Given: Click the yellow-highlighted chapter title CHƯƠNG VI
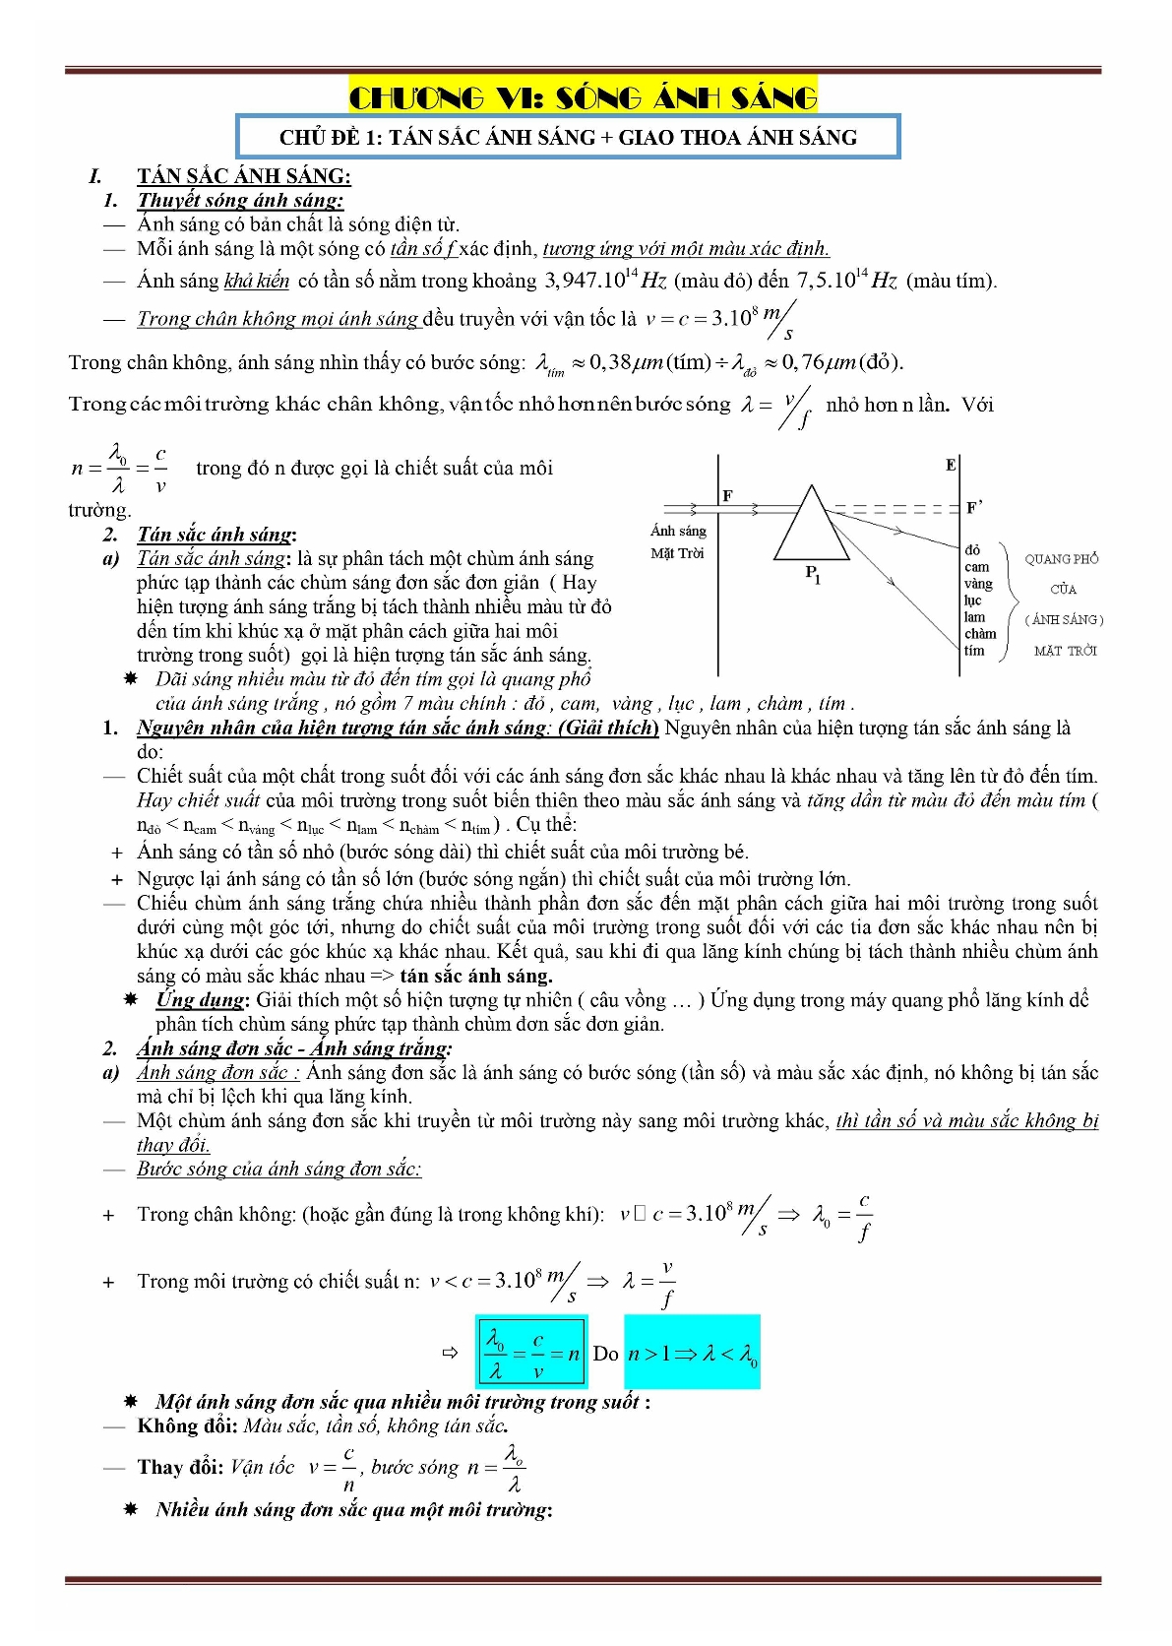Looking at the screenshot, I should coord(583,97).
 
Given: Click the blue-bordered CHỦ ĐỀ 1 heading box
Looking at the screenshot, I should coord(568,137).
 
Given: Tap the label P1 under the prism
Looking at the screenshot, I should coord(813,573).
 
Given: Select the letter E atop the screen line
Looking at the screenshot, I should coord(951,465).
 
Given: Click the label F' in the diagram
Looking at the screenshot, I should coord(974,507).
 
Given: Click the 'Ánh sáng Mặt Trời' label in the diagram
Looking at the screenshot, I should coord(678,541).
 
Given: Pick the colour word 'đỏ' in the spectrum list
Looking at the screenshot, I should coord(972,550).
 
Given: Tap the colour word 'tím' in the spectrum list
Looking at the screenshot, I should coord(974,650).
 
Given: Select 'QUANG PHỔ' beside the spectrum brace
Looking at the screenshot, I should coord(1061,559).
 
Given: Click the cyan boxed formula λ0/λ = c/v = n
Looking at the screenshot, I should coord(531,1354).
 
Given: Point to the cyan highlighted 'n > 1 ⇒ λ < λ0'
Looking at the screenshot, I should coord(692,1354).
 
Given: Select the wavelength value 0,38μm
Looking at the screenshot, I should coord(624,362).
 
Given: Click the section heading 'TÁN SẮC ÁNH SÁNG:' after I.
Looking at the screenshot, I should coord(244,176).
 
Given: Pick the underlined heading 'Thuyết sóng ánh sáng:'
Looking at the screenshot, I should coord(240,200).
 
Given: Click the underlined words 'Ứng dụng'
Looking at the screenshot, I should coord(200,1000).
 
